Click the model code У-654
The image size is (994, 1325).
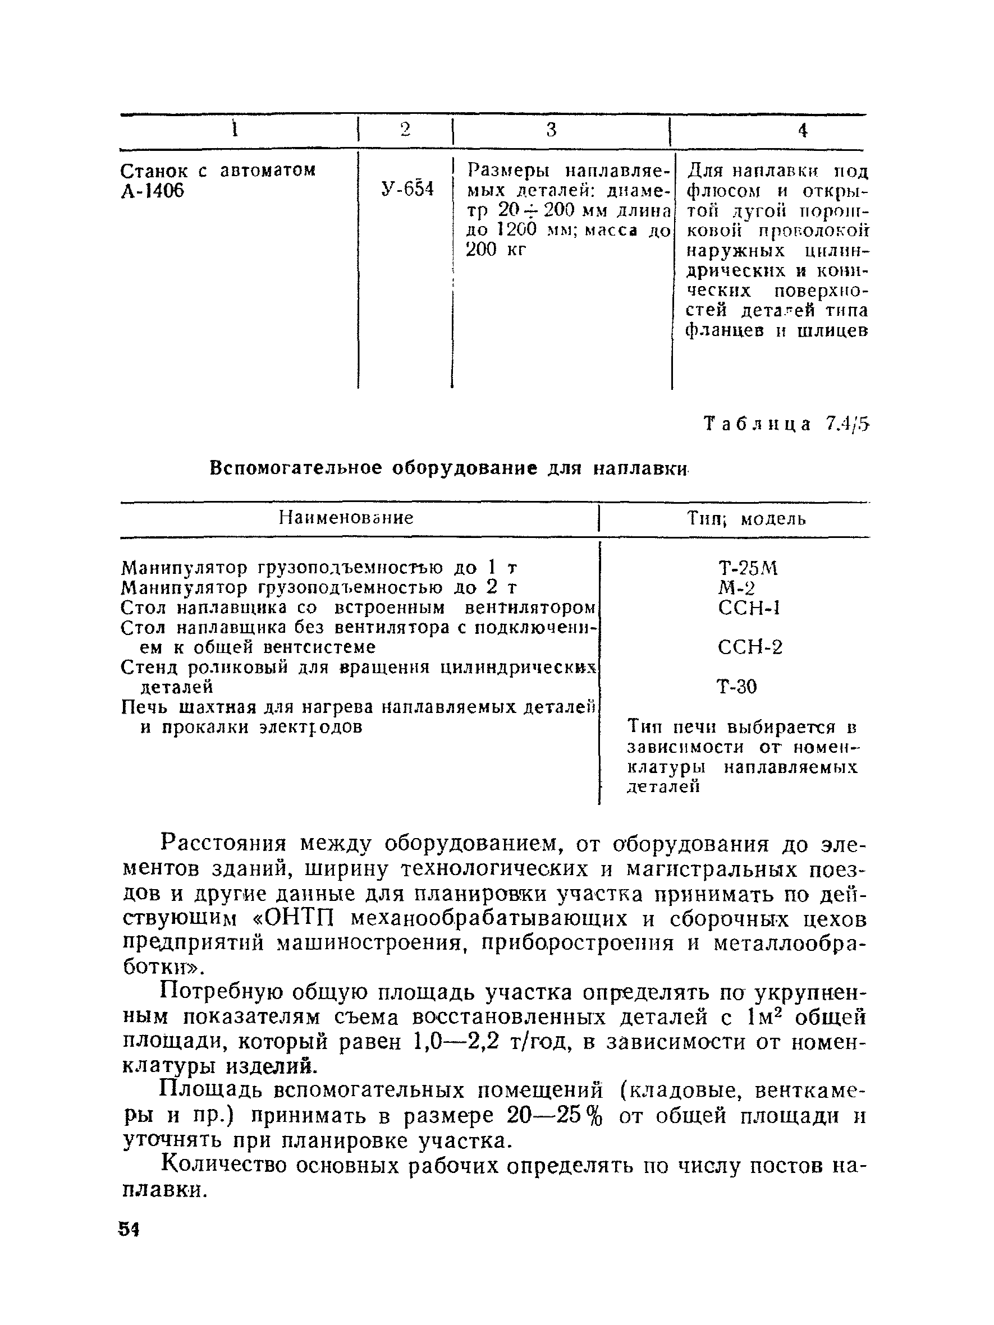click(x=407, y=190)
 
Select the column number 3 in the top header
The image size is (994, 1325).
click(x=551, y=130)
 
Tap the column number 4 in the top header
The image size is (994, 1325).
click(x=803, y=131)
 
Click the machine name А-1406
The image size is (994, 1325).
click(x=152, y=191)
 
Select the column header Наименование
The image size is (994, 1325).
click(x=346, y=518)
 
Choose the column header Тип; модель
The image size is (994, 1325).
click(x=746, y=519)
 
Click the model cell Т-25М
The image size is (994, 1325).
click(x=748, y=568)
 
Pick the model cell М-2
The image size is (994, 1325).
click(x=736, y=588)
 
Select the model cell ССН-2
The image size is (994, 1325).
click(x=750, y=647)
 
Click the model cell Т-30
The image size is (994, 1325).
click(x=737, y=687)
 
